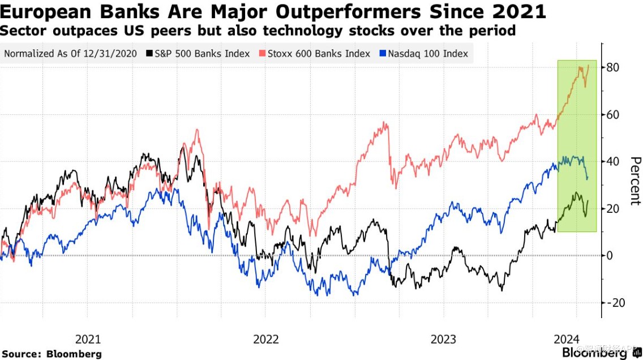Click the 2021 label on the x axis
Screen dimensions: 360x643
(x=88, y=340)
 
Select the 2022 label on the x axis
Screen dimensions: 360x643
(x=265, y=340)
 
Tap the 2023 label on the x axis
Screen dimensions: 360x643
(x=443, y=340)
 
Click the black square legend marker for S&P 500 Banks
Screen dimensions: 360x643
(x=149, y=54)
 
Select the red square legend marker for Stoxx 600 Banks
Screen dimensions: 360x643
(x=262, y=54)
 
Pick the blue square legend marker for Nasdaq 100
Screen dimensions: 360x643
(x=383, y=54)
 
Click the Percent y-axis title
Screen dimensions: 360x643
(x=634, y=181)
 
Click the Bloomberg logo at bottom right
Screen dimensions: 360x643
(x=602, y=353)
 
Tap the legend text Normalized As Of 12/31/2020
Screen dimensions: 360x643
(x=71, y=54)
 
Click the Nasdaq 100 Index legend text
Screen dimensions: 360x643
(x=428, y=54)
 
